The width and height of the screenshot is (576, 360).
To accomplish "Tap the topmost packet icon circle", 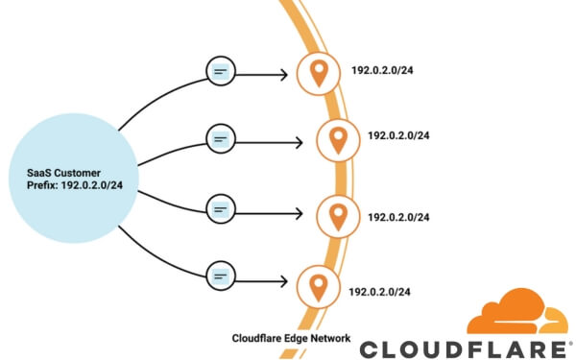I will [x=221, y=72].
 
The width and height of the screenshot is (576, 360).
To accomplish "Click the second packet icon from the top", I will [x=221, y=140].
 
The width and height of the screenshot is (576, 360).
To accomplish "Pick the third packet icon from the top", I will [x=221, y=208].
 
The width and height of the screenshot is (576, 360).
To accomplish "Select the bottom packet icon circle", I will [x=221, y=276].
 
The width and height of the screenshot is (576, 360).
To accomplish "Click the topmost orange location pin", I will [x=316, y=72].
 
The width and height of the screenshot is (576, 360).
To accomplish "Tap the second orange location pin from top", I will [x=337, y=140].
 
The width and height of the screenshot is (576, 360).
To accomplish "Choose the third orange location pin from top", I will [x=337, y=214].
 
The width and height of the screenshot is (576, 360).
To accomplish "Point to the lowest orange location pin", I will [x=316, y=287].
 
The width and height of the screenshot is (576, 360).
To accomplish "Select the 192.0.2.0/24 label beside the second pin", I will [x=397, y=135].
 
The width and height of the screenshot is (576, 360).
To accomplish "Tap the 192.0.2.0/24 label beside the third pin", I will [x=397, y=217].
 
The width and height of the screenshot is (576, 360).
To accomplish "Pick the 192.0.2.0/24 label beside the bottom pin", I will [x=380, y=290].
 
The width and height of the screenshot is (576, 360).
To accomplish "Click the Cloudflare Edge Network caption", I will [x=291, y=338].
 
